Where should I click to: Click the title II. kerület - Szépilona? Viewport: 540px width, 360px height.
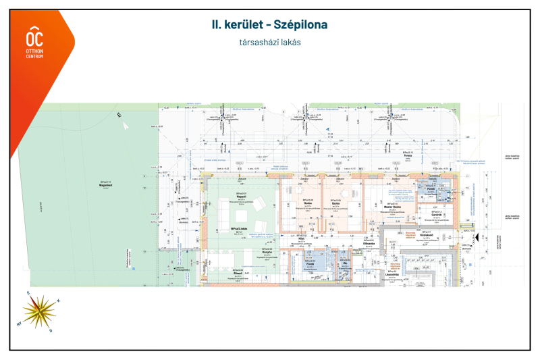[x=269, y=25]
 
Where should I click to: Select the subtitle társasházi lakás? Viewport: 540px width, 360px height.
[x=269, y=42]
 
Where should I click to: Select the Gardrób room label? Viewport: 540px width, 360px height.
[x=437, y=213]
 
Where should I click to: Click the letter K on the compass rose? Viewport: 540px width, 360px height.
[x=58, y=301]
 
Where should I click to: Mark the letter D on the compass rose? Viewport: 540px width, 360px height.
[x=50, y=330]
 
